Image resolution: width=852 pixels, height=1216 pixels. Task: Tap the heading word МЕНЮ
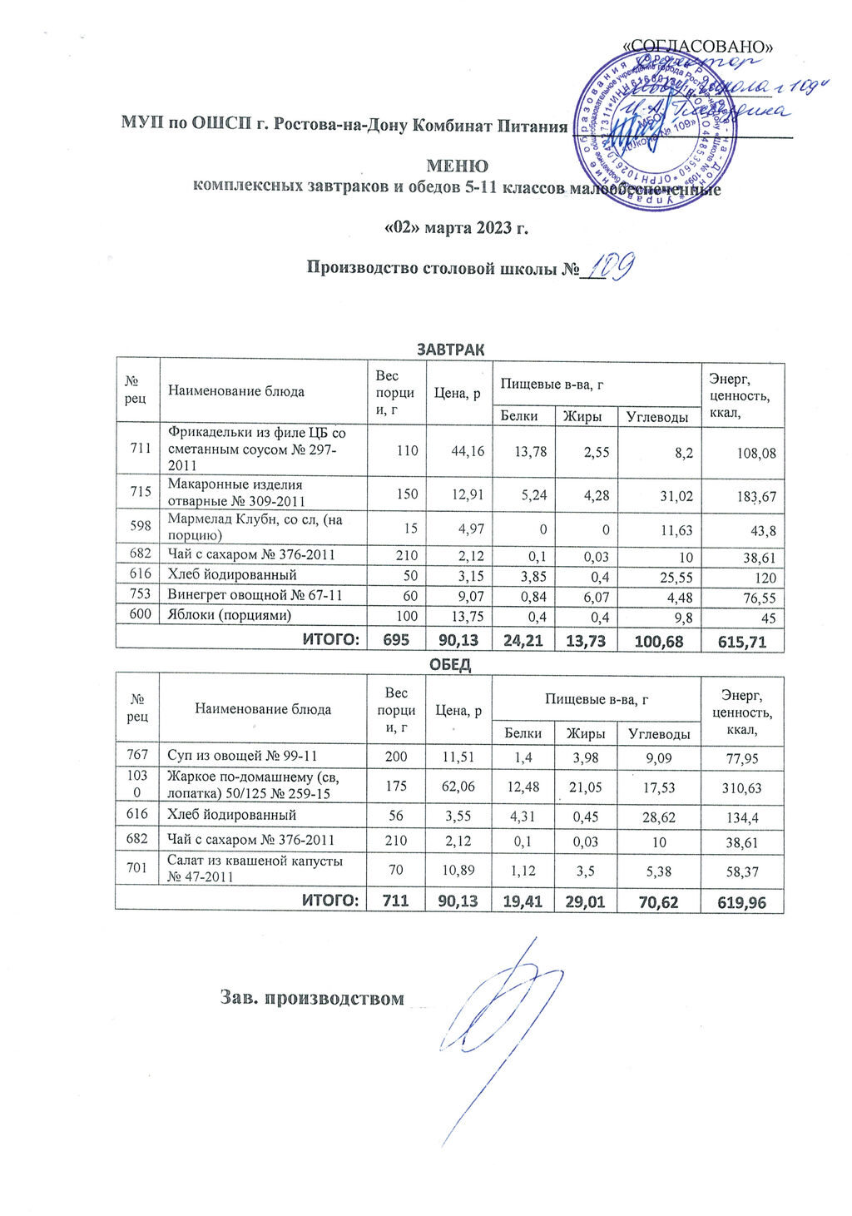click(x=457, y=166)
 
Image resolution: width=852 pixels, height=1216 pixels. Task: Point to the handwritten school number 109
click(x=612, y=266)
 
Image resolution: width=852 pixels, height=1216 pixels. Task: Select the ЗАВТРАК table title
click(x=450, y=349)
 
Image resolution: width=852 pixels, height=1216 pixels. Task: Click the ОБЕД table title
click(x=449, y=664)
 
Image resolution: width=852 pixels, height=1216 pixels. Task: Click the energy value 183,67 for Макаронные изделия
click(x=755, y=496)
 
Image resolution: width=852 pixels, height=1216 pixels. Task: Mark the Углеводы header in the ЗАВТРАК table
click(x=657, y=416)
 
